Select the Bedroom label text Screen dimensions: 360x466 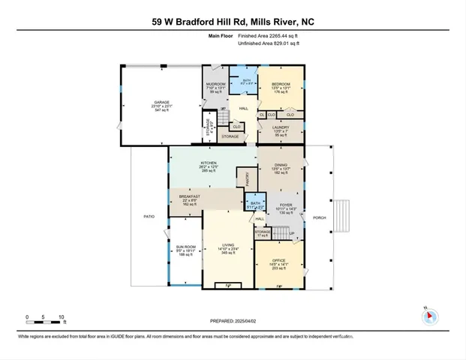coord(280,85)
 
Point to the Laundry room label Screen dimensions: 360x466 coord(281,127)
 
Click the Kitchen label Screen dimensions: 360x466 coord(208,163)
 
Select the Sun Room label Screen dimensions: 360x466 coord(184,247)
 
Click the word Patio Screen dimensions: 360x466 coord(149,216)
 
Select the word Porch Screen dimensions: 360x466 coord(318,208)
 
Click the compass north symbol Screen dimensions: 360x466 coord(430,314)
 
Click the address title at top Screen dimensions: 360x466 coord(233,22)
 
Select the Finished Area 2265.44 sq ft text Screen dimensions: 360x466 coord(268,36)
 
